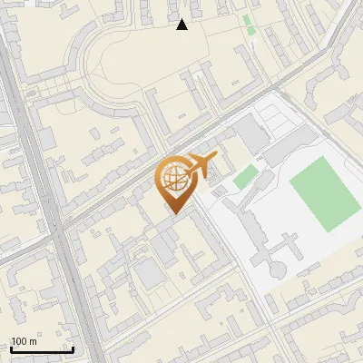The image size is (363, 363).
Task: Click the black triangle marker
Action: [182, 25]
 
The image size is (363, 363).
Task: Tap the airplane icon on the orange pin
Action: [201, 164]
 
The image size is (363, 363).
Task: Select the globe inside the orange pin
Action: [172, 178]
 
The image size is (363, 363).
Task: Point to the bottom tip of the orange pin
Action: [172, 214]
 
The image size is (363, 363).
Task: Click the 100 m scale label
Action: [24, 341]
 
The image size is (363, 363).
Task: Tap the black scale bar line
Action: [42, 349]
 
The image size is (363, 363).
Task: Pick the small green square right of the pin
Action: [241, 178]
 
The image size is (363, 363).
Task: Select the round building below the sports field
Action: [277, 270]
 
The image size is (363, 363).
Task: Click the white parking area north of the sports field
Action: [281, 123]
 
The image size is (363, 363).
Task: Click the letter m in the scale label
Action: [33, 341]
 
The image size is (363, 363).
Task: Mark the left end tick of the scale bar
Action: [11, 348]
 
